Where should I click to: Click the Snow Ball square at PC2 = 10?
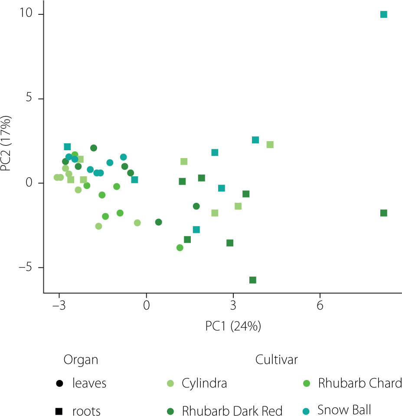point(383,14)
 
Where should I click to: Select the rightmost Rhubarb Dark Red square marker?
point(383,213)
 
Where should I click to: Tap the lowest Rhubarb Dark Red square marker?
point(252,280)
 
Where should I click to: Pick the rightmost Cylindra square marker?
point(270,145)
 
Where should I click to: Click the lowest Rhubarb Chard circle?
point(180,248)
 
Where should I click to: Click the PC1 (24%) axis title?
point(233,326)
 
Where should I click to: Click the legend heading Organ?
point(81,360)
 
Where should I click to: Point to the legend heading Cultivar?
point(276,360)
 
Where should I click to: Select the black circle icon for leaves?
point(59,384)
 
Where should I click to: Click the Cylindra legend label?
point(204,384)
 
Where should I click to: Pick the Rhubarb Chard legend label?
point(360,384)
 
